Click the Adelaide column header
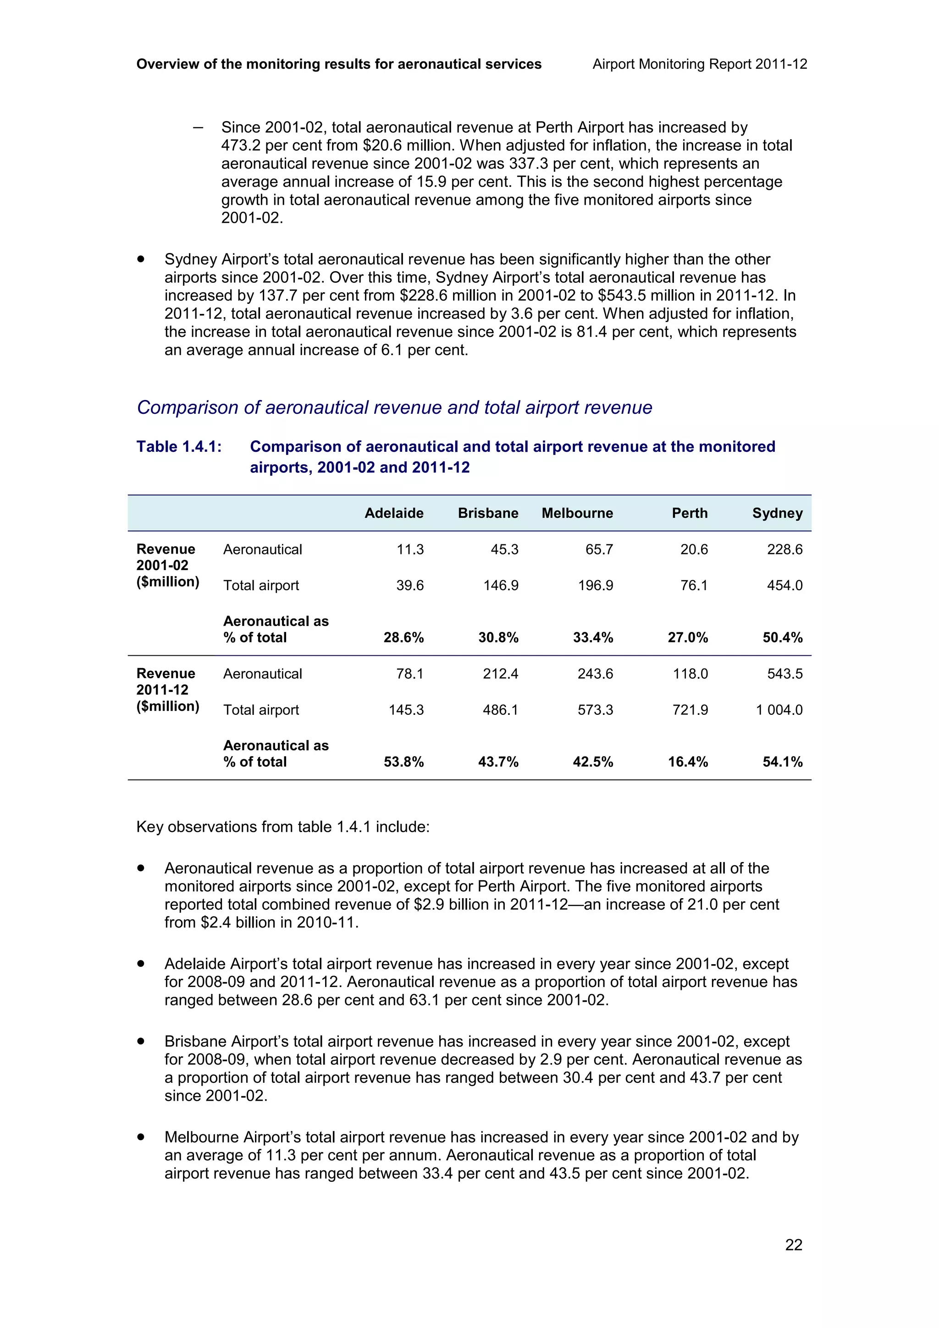click(x=393, y=513)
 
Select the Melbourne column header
click(x=577, y=513)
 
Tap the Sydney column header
click(x=777, y=513)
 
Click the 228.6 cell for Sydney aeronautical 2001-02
click(x=784, y=549)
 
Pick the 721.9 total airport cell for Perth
click(x=690, y=710)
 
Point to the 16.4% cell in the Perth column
click(x=688, y=762)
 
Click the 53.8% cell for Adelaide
click(x=404, y=762)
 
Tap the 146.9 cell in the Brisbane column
click(x=501, y=585)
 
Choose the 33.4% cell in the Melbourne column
click(x=593, y=637)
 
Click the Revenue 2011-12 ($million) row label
click(x=167, y=690)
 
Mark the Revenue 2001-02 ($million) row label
click(x=167, y=565)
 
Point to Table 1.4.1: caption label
click(x=179, y=446)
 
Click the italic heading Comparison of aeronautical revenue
click(x=394, y=407)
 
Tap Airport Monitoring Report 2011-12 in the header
click(x=700, y=64)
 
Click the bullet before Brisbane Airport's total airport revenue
click(x=141, y=1041)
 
